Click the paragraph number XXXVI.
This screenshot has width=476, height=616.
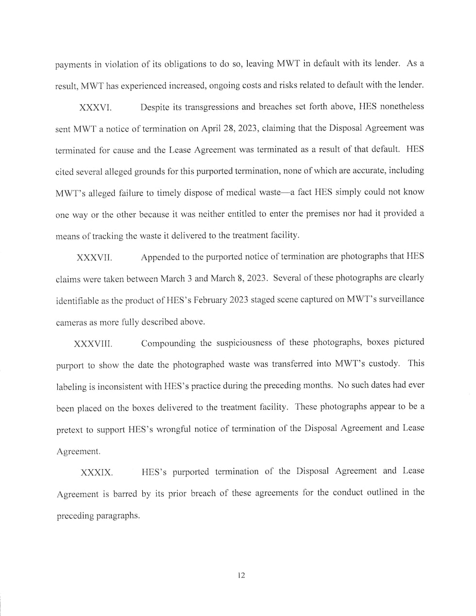coord(95,107)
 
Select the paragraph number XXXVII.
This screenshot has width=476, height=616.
coord(94,257)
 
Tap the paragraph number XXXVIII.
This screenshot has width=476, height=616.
coord(93,344)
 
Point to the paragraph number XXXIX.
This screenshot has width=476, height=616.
coord(96,472)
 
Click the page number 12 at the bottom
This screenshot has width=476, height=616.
coord(241,576)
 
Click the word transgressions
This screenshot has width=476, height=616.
coord(191,107)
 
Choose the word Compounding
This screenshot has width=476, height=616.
coord(168,343)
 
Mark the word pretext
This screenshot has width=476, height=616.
coord(69,430)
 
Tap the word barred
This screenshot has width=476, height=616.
coord(126,494)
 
